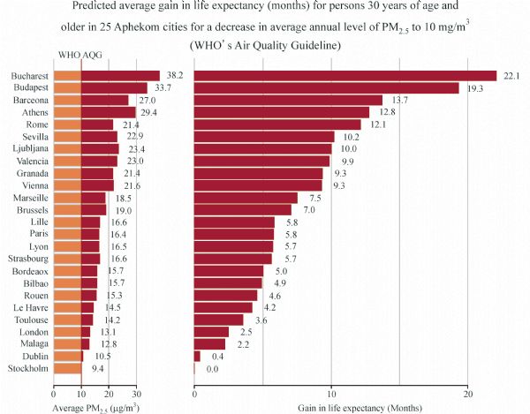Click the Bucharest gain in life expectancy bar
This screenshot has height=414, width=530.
pos(345,76)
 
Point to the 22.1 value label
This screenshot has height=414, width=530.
pos(512,76)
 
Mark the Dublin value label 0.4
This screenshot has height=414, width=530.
pos(212,356)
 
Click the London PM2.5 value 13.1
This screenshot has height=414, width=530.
pos(108,332)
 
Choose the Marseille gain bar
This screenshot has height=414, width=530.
pos(246,198)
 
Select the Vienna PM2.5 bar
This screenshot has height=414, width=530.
pos(84,185)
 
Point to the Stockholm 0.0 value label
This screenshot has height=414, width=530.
pos(212,368)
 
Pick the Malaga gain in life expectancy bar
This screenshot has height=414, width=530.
pos(209,344)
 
